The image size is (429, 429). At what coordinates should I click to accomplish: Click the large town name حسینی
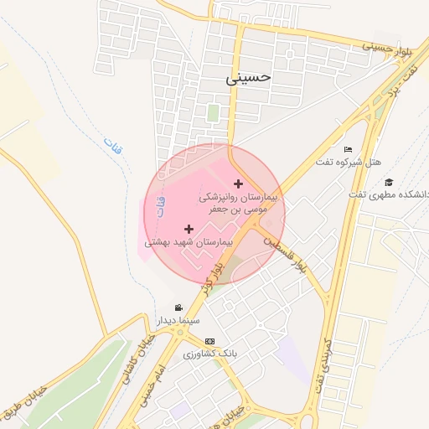tap(249, 77)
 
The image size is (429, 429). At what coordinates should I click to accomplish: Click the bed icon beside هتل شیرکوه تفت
tap(348, 149)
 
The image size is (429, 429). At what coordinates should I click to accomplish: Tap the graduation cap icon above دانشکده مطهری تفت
tap(388, 182)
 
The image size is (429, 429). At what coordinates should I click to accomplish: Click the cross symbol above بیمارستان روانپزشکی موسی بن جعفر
tap(239, 183)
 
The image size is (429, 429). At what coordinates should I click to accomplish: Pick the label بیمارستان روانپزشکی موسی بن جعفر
tap(236, 202)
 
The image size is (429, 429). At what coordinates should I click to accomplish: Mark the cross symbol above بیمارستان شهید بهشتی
tap(189, 229)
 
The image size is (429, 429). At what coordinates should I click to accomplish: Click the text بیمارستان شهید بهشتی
tap(187, 242)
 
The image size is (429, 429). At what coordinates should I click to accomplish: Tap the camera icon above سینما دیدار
tap(178, 308)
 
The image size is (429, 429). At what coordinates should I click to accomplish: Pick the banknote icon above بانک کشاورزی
tap(209, 341)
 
